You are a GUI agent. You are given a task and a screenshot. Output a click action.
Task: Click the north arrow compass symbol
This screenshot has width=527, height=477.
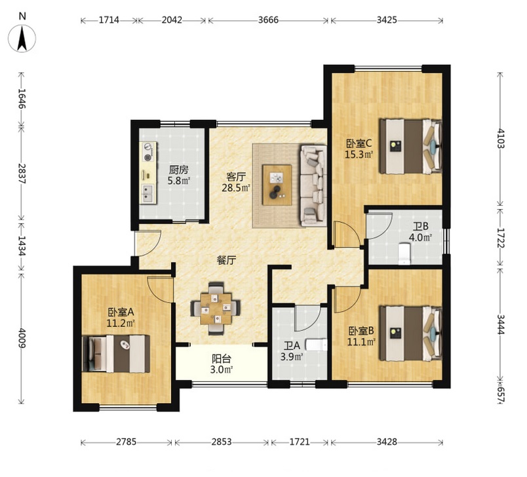tap(22, 38)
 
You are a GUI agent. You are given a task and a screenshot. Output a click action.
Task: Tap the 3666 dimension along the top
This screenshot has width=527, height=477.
tap(268, 20)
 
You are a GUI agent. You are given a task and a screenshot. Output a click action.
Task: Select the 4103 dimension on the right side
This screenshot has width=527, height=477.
tap(501, 138)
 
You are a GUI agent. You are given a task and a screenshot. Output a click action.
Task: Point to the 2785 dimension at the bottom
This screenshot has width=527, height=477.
tap(127, 442)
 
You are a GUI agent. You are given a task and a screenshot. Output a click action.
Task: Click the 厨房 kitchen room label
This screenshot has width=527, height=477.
tap(179, 170)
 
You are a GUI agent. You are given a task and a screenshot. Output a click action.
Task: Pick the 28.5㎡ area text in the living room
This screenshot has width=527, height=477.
tap(236, 187)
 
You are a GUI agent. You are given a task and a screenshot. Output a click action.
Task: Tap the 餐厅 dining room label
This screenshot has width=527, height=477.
tap(226, 260)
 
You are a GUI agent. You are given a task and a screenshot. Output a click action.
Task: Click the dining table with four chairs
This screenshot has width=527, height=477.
tap(216, 309)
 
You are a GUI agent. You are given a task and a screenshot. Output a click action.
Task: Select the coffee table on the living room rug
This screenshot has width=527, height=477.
tap(277, 185)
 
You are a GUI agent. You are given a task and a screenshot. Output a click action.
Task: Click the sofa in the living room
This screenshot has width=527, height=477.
tap(313, 185)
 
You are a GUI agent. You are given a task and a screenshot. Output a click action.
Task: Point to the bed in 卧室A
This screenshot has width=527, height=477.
tap(116, 353)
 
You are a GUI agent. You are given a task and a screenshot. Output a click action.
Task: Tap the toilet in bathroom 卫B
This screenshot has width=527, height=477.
tap(404, 254)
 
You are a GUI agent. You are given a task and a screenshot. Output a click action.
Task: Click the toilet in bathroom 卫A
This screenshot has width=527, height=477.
tap(316, 345)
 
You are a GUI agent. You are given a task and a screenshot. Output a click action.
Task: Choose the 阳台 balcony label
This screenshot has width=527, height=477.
tap(222, 359)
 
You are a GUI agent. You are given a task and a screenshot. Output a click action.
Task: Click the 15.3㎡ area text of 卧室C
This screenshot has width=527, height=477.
tap(359, 154)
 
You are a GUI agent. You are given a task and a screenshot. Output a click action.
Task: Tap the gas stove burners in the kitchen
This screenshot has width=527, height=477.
tap(148, 151)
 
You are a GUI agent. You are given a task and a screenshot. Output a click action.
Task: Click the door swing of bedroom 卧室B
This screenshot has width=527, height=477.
tap(348, 299)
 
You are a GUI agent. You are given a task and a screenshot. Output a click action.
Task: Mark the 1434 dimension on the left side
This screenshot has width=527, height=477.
tap(22, 246)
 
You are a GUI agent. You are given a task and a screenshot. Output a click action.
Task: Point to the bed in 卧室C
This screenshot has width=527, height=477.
tap(411, 146)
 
